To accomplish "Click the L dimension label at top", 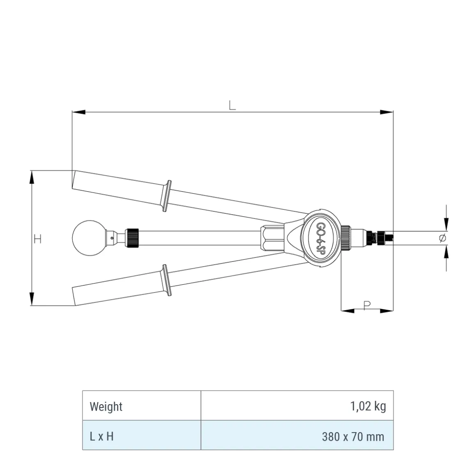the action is (x=232, y=105).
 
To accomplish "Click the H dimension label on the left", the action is (x=38, y=239).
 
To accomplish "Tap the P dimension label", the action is (x=367, y=305).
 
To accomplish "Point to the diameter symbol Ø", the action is (x=443, y=238).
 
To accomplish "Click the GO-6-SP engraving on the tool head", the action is (x=320, y=238).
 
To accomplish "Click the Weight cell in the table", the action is (x=106, y=406).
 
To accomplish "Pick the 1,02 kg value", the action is (x=368, y=406).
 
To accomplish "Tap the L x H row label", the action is (x=102, y=436).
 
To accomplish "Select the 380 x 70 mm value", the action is (x=353, y=437).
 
